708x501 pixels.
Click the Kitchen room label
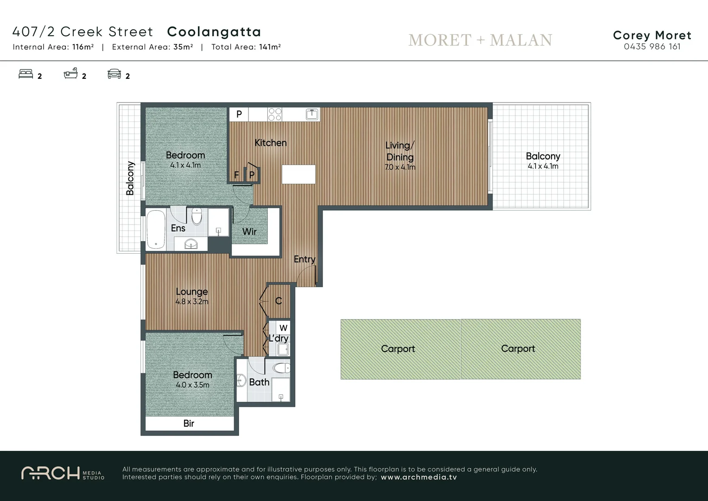click(271, 143)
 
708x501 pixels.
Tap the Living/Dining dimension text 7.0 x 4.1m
click(400, 167)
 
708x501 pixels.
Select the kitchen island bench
click(298, 174)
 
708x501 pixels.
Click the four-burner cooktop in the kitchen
click(275, 114)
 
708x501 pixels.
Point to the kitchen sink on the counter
click(312, 114)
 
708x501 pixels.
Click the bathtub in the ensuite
click(156, 230)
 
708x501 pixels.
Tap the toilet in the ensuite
click(197, 216)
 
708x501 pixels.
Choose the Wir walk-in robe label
click(249, 231)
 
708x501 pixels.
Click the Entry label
click(304, 259)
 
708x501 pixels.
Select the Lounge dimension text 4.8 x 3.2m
click(192, 302)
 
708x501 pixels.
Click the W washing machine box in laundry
click(283, 328)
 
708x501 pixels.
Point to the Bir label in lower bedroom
click(189, 424)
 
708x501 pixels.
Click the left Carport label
click(398, 349)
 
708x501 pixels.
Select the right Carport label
click(518, 349)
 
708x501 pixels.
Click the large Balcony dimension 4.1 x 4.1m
click(543, 167)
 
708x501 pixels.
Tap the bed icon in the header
click(26, 74)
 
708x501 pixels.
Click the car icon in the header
click(114, 74)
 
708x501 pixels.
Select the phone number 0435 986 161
click(652, 46)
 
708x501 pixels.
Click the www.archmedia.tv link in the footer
click(419, 477)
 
